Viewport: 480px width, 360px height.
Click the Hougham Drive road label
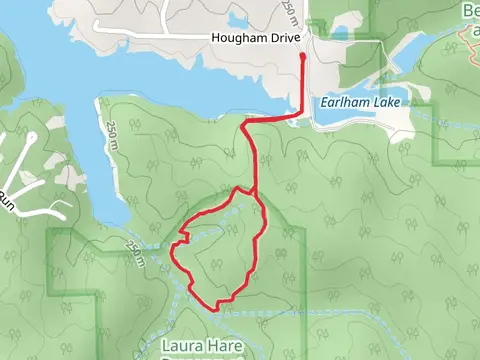(256, 39)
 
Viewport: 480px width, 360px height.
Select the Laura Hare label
(201, 346)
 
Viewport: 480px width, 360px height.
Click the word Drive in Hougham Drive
(283, 39)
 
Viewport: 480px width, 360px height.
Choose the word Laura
(181, 346)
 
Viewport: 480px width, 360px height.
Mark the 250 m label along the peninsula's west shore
(111, 131)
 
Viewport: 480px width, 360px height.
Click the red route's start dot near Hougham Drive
(303, 57)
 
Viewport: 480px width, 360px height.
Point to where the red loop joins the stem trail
(255, 193)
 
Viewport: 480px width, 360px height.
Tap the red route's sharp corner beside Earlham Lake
(302, 115)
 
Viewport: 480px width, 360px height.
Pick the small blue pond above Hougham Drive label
(237, 21)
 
